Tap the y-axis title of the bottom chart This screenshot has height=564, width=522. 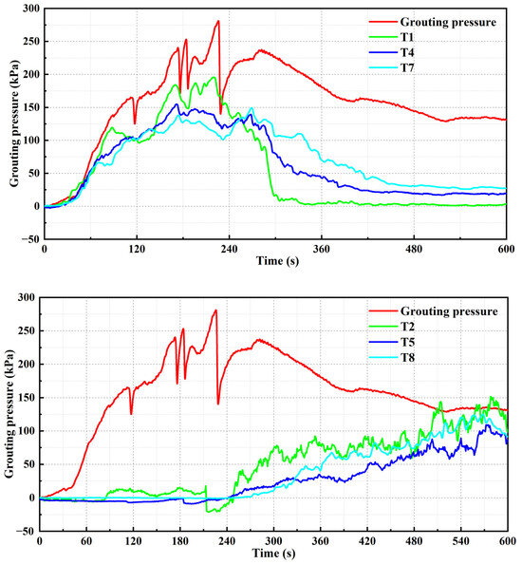pyautogui.click(x=8, y=414)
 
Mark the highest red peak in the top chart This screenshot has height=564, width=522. pyautogui.click(x=218, y=21)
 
